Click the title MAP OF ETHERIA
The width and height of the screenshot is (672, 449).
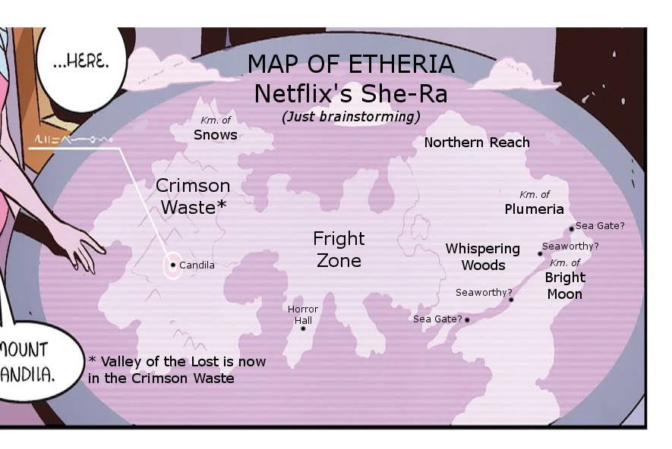tap(351, 64)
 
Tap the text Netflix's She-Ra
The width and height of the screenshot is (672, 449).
tap(351, 94)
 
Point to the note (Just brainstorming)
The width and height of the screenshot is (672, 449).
tap(351, 117)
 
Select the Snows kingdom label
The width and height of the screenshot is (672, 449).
tap(216, 135)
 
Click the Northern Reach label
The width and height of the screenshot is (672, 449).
tap(477, 143)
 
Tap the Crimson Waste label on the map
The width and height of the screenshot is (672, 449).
tap(193, 196)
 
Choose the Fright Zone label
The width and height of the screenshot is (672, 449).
tap(339, 250)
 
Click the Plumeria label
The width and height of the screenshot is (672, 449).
tap(535, 209)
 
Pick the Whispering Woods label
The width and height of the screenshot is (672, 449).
tap(483, 257)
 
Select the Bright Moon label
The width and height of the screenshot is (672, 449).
tap(565, 285)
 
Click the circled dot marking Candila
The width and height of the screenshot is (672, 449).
tap(173, 265)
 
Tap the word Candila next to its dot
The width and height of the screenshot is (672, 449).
tap(197, 265)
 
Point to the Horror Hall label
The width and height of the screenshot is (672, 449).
tap(303, 315)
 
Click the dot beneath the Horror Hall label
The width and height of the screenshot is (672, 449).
tap(303, 328)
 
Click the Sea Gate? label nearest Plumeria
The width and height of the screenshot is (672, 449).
tap(600, 226)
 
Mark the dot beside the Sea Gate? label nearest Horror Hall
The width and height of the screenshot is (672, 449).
tap(467, 319)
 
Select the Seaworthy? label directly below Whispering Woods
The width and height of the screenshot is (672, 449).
tap(484, 293)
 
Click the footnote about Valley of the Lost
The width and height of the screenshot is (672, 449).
tap(176, 369)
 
